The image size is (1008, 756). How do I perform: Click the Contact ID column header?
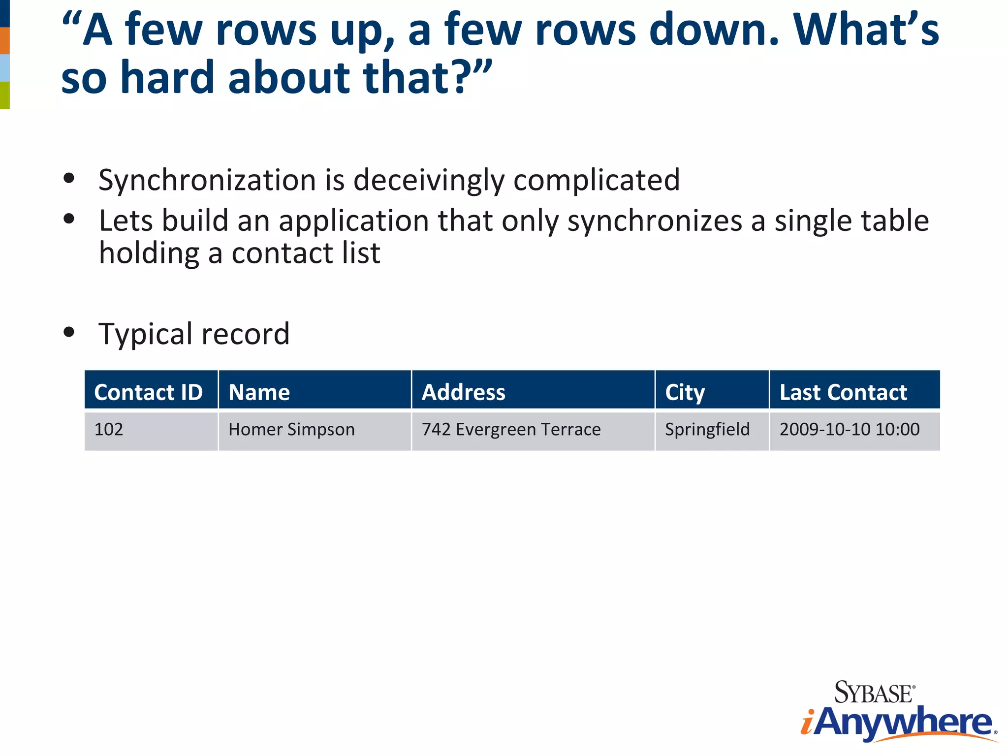coord(149,392)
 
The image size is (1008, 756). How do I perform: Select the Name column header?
coord(259,392)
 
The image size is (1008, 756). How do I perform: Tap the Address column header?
coord(463,392)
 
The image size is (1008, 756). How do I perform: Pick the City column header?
coord(685,392)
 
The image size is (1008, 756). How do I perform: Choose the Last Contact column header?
coord(843,392)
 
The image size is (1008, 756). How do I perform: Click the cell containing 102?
coord(109,430)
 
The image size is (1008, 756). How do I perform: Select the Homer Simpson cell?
coord(291,430)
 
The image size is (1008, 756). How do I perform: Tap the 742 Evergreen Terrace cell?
coord(511,430)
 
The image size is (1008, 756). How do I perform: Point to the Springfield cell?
coord(707,430)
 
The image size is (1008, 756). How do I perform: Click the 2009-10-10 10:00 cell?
coord(849,430)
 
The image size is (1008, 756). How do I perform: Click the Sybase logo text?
coord(874,693)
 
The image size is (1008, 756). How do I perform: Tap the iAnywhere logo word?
coord(898,723)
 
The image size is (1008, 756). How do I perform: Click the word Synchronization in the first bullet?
coord(207,180)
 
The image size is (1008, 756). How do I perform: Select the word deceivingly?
coord(429,180)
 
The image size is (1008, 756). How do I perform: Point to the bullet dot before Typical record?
coord(69,332)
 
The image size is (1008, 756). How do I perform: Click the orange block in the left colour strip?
coord(4,40)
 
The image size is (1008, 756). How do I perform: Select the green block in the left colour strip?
coord(4,95)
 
